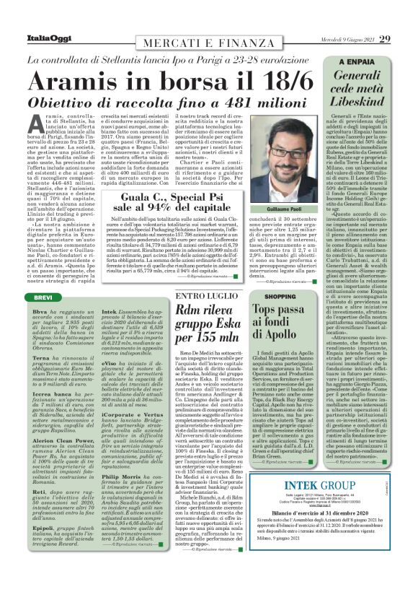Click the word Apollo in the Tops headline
coord(297,334)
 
